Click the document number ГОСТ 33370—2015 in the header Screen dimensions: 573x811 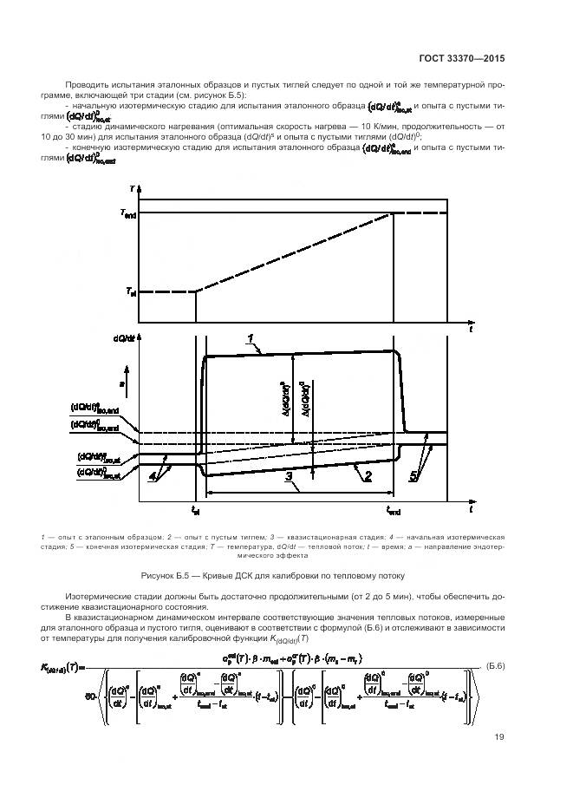tap(460, 59)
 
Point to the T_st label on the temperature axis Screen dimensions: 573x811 tap(130, 291)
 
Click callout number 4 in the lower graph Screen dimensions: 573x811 tap(153, 475)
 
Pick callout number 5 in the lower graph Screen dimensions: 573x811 tap(414, 475)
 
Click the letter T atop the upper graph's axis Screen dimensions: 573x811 tap(132, 188)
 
